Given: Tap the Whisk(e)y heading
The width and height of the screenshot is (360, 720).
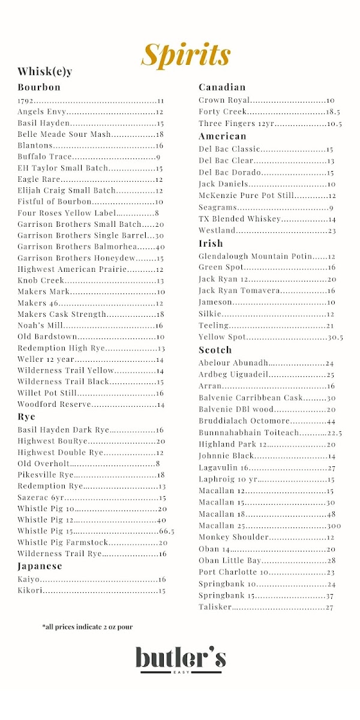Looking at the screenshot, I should point(45,72).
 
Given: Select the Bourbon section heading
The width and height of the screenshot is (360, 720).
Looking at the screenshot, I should point(39,87).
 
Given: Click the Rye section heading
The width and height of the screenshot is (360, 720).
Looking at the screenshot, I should point(26,416).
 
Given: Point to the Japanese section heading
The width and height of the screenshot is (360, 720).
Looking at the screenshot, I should point(40,566).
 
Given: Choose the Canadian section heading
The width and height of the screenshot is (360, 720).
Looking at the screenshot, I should point(222,88).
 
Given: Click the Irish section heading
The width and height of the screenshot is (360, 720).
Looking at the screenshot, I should point(211,243).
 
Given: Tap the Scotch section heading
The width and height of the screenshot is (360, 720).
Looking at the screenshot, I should point(215,350).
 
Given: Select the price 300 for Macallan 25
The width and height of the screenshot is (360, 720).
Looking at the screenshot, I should point(334,526).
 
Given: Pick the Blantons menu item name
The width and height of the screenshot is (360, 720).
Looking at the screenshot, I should point(35,146).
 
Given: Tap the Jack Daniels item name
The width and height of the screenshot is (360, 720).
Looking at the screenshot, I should point(223,184).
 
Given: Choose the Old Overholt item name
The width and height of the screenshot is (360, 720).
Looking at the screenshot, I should point(43,464).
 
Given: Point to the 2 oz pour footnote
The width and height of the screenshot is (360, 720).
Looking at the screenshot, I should point(88,627).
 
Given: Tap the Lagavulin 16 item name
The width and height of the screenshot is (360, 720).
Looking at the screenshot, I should point(224,467).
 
